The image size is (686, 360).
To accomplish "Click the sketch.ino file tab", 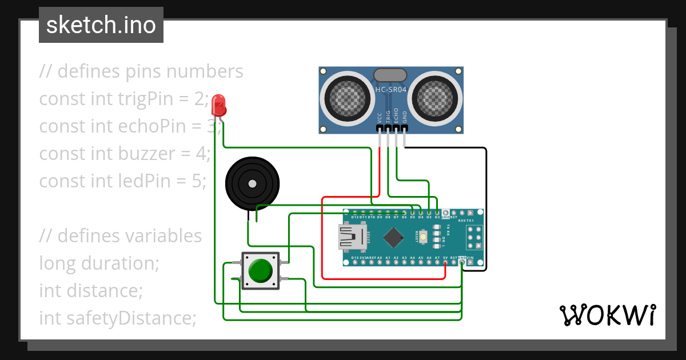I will point(101,25).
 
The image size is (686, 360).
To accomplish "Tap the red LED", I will point(218,105).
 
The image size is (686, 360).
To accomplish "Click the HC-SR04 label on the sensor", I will point(390,90).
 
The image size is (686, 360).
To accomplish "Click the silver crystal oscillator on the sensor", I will point(390,75).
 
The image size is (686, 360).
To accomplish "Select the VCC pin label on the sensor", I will point(380,118).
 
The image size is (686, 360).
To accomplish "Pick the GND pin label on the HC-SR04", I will point(405,118).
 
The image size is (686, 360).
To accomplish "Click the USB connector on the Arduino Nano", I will point(350,237).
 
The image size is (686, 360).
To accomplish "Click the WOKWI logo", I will point(607,315).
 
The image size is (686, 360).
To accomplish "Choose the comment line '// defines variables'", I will point(121,235).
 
